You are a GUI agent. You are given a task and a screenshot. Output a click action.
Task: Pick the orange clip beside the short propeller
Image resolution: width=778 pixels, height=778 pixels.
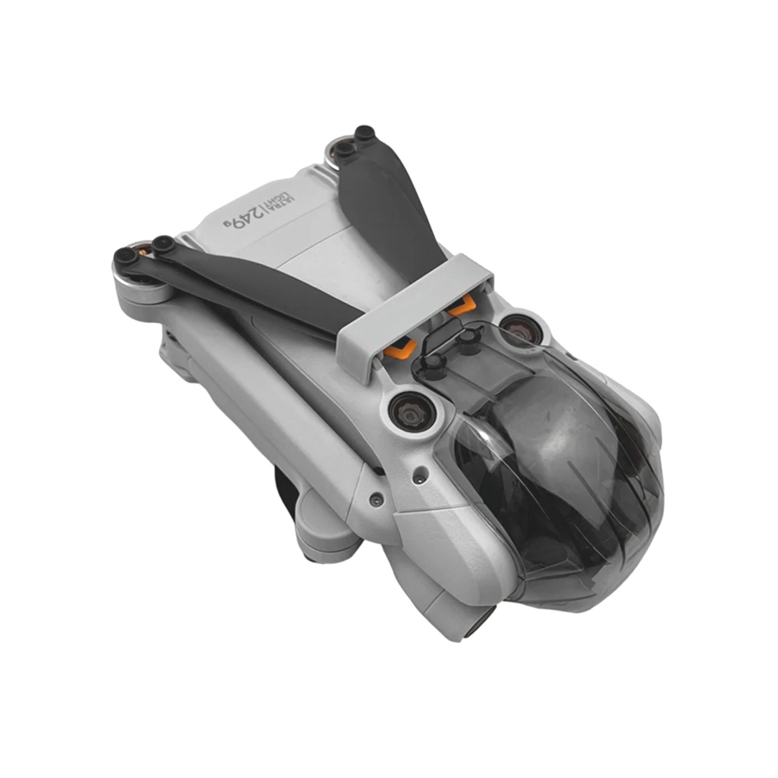click(461, 305)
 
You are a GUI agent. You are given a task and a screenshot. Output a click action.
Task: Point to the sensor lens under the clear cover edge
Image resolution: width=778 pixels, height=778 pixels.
click(520, 329)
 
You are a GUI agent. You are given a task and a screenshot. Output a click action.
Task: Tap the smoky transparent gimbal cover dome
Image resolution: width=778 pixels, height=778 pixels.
click(561, 471)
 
